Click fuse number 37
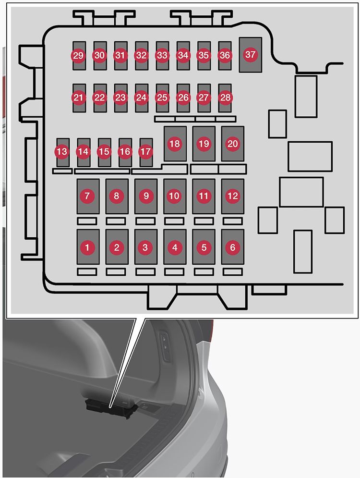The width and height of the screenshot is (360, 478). tap(251, 55)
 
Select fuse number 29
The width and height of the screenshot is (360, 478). tap(79, 55)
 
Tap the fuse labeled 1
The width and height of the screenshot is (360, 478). tap(88, 247)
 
